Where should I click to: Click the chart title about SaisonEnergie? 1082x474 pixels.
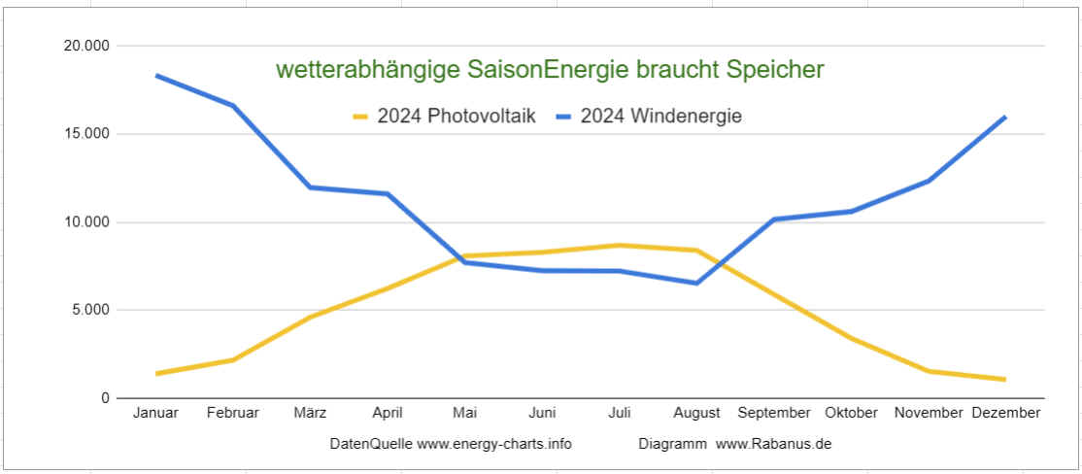tap(550, 70)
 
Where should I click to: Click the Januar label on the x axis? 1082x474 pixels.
tap(155, 413)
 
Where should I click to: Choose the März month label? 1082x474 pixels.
tap(310, 413)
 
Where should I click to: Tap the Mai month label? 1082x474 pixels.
tap(464, 413)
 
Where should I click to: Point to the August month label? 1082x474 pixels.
tap(696, 413)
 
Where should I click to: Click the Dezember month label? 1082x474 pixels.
tap(1005, 413)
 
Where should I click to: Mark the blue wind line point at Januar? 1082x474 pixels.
tap(156, 76)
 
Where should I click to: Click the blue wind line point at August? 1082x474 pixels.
tap(696, 283)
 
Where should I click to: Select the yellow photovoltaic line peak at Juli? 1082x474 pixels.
tap(620, 245)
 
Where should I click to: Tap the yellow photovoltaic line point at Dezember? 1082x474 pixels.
tap(1004, 379)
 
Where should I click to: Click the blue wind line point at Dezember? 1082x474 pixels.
tap(1004, 118)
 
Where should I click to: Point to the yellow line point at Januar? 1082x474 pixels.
tap(156, 373)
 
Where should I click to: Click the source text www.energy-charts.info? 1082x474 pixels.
tap(494, 444)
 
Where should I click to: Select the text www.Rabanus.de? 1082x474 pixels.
tap(774, 444)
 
